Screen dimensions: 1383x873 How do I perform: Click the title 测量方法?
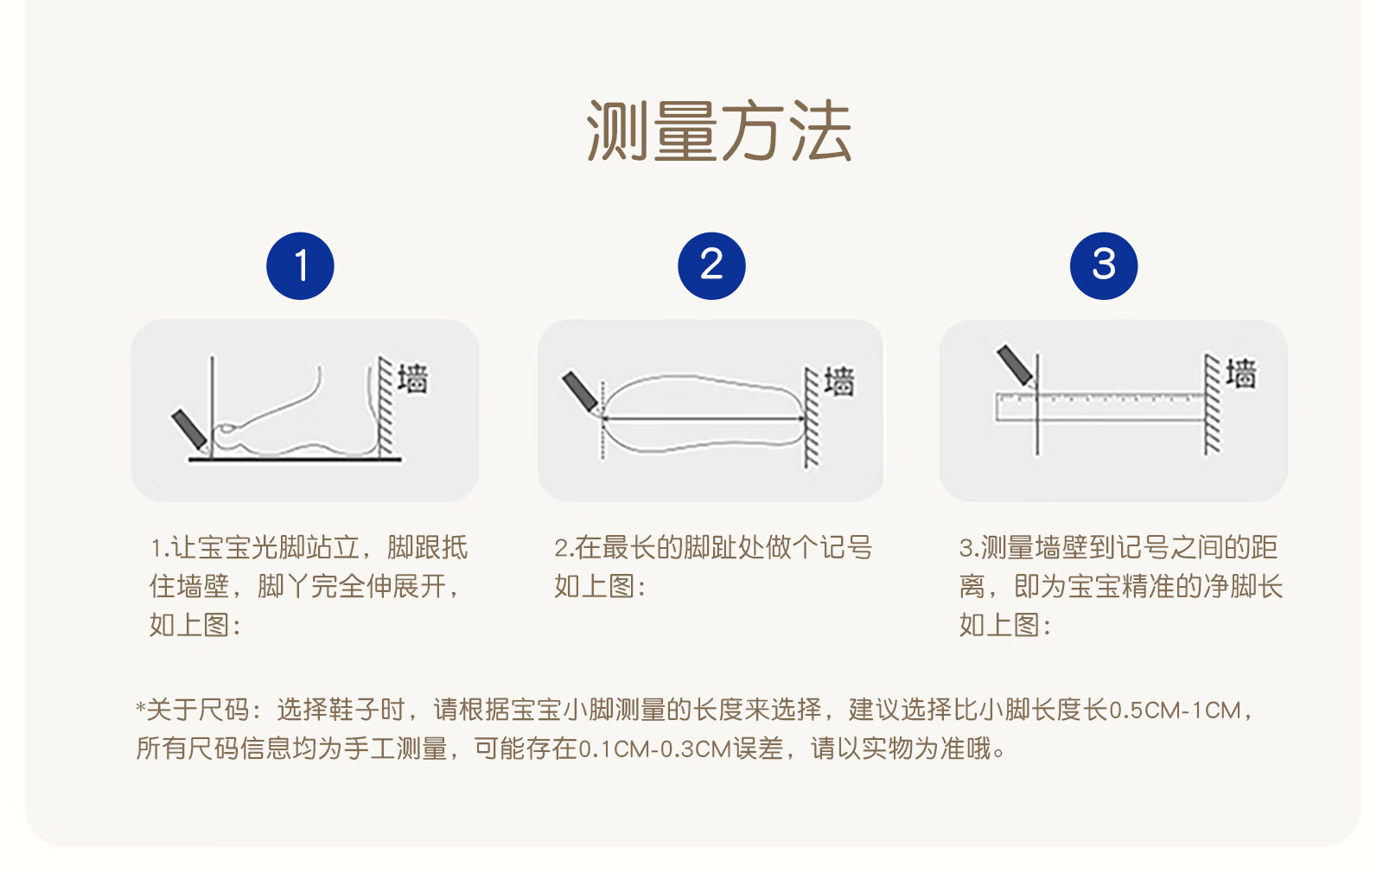point(718,131)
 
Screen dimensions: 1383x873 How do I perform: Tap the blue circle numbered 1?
point(300,266)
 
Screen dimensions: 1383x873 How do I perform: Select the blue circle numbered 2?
point(711,266)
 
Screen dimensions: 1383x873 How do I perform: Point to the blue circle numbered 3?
point(1103,266)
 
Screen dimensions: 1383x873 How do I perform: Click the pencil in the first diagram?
point(189,430)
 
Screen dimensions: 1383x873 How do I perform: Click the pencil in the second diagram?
point(580,392)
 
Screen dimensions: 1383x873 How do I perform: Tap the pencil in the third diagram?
point(1015,365)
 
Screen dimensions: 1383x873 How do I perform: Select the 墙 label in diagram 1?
point(412,378)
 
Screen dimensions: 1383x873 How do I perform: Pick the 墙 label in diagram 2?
point(839,381)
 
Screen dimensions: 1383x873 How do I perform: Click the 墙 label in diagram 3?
point(1241,373)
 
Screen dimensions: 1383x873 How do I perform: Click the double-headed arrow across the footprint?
point(704,418)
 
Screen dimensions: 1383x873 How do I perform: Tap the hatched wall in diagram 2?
point(812,417)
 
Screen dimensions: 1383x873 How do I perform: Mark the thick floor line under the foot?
point(295,459)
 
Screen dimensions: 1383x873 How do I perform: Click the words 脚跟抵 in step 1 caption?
point(427,548)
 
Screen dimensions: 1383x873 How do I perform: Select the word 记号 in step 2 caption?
point(845,548)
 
